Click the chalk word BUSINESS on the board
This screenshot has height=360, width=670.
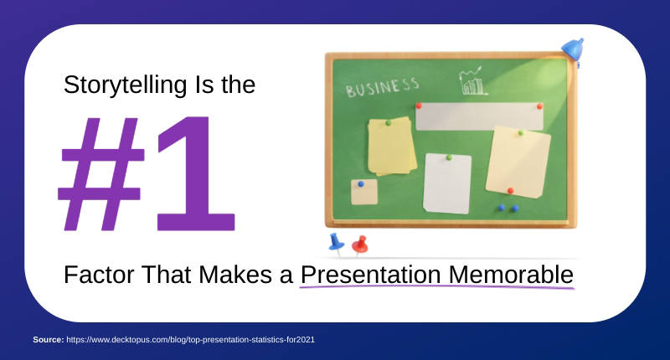pyautogui.click(x=382, y=86)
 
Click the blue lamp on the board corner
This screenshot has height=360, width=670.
pyautogui.click(x=572, y=49)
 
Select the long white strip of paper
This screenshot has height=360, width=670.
pyautogui.click(x=480, y=116)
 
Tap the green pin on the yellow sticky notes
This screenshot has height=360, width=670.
pyautogui.click(x=388, y=123)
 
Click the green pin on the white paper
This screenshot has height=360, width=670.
pyautogui.click(x=449, y=157)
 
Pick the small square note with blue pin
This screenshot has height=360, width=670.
pyautogui.click(x=363, y=192)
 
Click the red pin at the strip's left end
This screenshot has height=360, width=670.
pyautogui.click(x=419, y=106)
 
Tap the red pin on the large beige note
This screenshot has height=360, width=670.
pyautogui.click(x=510, y=190)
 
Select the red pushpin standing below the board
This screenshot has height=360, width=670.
pyautogui.click(x=360, y=244)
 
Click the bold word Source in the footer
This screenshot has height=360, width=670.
pyautogui.click(x=47, y=339)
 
